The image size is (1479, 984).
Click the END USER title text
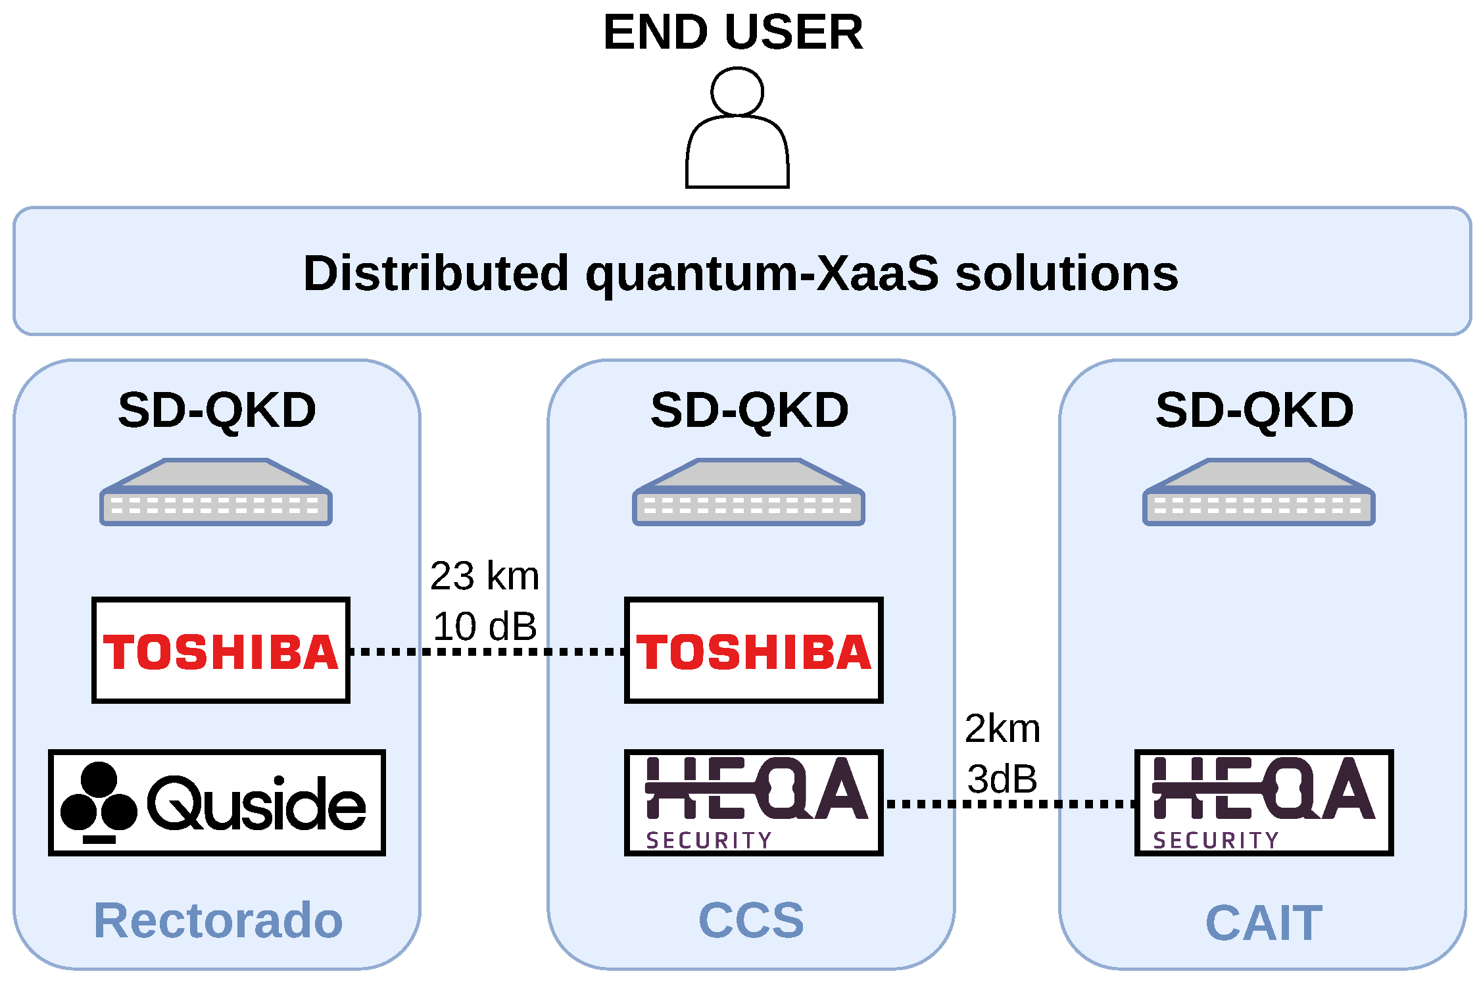[733, 32]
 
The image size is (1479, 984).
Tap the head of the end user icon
[737, 92]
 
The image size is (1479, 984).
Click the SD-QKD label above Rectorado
[217, 410]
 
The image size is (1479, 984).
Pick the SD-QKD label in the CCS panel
[750, 410]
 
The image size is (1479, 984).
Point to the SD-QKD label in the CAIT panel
[1255, 410]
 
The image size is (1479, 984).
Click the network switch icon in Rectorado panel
[216, 493]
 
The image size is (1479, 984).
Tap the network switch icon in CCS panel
[748, 493]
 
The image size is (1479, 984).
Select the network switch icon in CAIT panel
[1259, 493]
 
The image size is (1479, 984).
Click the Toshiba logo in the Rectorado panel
[221, 651]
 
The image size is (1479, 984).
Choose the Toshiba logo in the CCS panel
[754, 651]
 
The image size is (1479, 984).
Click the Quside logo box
[217, 802]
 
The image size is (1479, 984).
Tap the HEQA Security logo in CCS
[754, 802]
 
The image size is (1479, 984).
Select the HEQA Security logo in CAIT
[1264, 802]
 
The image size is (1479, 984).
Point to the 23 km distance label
[485, 576]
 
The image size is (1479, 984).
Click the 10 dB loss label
[485, 626]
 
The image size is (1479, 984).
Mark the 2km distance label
[1002, 729]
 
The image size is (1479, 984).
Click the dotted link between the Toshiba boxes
[487, 652]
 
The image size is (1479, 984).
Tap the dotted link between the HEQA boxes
[1009, 804]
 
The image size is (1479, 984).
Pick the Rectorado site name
[218, 920]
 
